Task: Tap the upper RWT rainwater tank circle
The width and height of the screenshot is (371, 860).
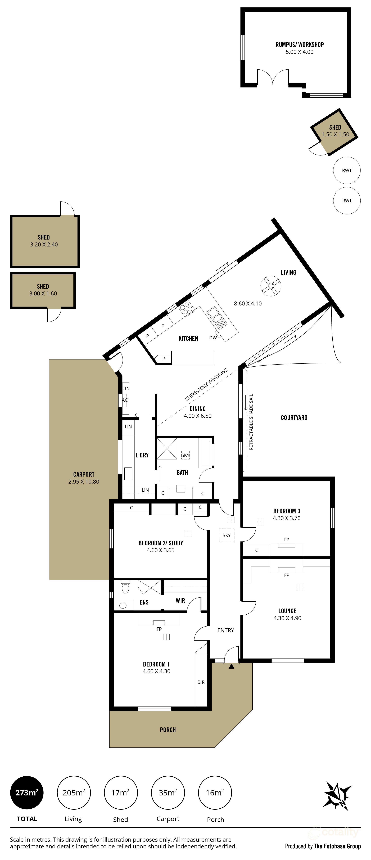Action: click(x=347, y=170)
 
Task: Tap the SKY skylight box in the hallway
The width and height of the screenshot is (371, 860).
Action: click(x=226, y=535)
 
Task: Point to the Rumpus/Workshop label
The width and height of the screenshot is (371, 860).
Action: click(x=300, y=44)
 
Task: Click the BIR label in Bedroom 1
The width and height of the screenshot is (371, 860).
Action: click(x=201, y=682)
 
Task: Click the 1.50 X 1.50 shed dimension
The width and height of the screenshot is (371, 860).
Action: click(x=335, y=134)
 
